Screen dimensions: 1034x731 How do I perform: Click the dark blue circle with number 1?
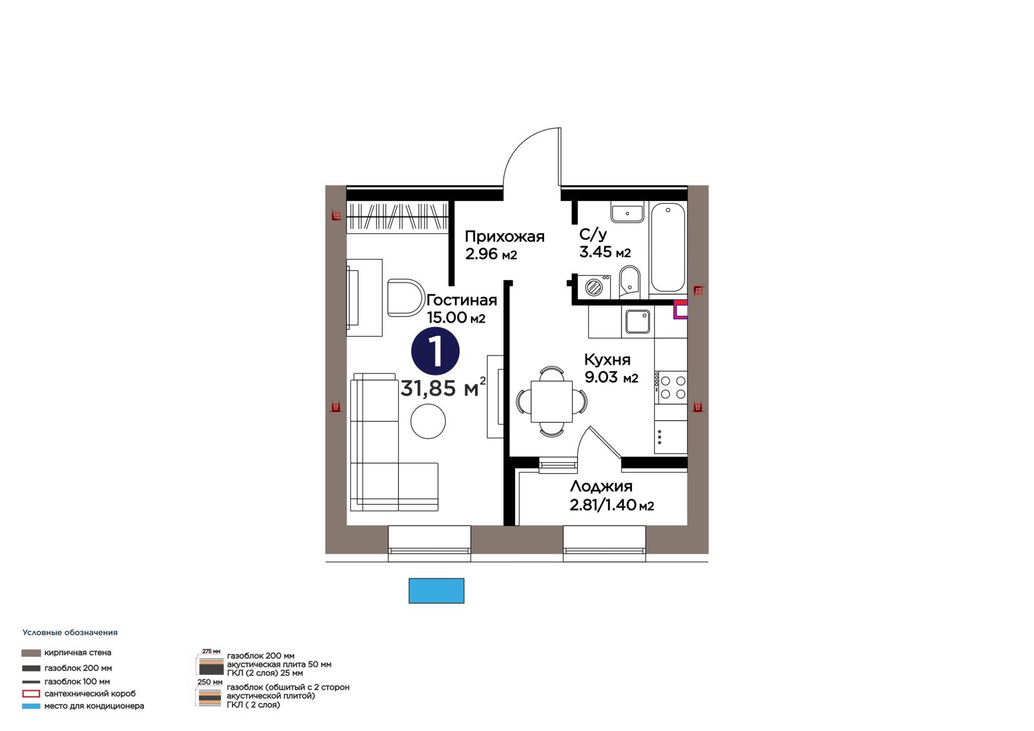[436, 351]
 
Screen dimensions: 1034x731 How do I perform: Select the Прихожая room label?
[505, 237]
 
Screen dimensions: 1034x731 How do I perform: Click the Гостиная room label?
[461, 300]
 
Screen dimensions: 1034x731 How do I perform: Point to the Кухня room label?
[607, 360]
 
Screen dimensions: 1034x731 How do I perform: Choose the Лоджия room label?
[601, 486]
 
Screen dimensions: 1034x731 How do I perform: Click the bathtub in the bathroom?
[668, 247]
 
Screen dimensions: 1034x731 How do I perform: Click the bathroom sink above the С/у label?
[627, 213]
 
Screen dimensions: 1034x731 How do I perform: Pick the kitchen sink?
[637, 321]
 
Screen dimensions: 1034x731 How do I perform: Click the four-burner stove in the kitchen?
[671, 387]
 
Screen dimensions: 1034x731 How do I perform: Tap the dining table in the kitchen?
[552, 401]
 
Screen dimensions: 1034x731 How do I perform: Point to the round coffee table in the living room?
[428, 421]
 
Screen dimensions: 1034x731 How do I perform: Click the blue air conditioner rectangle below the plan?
[436, 591]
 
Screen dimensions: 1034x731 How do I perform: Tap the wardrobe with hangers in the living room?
[398, 216]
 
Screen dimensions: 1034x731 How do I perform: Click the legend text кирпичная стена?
[78, 653]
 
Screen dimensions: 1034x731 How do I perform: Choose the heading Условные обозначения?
[70, 633]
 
